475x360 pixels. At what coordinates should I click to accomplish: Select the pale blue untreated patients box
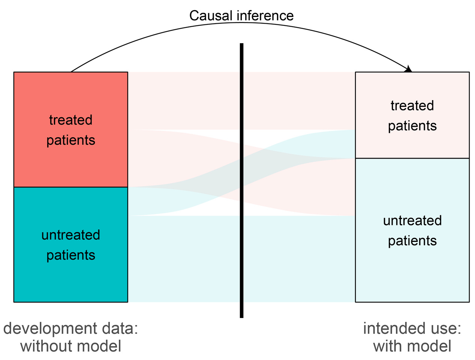click(x=412, y=274)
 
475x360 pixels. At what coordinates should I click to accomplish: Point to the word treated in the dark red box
click(x=70, y=120)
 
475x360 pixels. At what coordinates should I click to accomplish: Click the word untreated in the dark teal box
click(x=70, y=235)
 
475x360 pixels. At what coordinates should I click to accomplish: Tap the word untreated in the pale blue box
click(x=412, y=220)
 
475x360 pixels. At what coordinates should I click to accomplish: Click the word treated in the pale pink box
click(x=412, y=106)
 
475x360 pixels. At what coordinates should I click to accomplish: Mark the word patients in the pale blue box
click(x=412, y=241)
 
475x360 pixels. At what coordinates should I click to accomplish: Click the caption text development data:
click(x=70, y=328)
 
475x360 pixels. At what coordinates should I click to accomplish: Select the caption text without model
click(x=70, y=346)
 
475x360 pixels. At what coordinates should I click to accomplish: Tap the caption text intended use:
click(x=412, y=328)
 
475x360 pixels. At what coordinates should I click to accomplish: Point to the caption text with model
click(x=412, y=346)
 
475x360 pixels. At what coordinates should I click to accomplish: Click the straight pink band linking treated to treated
click(x=187, y=100)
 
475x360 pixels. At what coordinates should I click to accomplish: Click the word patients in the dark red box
click(x=70, y=140)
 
